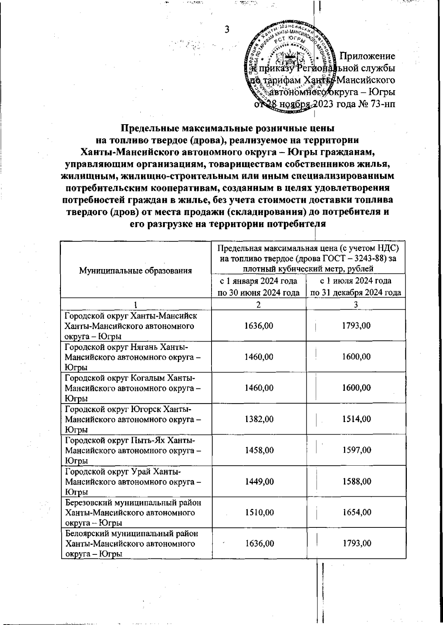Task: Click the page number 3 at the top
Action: (227, 30)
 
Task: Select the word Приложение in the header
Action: (367, 56)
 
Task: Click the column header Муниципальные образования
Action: (135, 270)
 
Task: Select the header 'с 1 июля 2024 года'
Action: (356, 281)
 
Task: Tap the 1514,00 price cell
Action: (356, 419)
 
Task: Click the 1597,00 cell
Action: (356, 450)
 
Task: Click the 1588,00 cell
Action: (356, 481)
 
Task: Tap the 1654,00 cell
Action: (356, 512)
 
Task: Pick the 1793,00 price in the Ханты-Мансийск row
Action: (356, 326)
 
